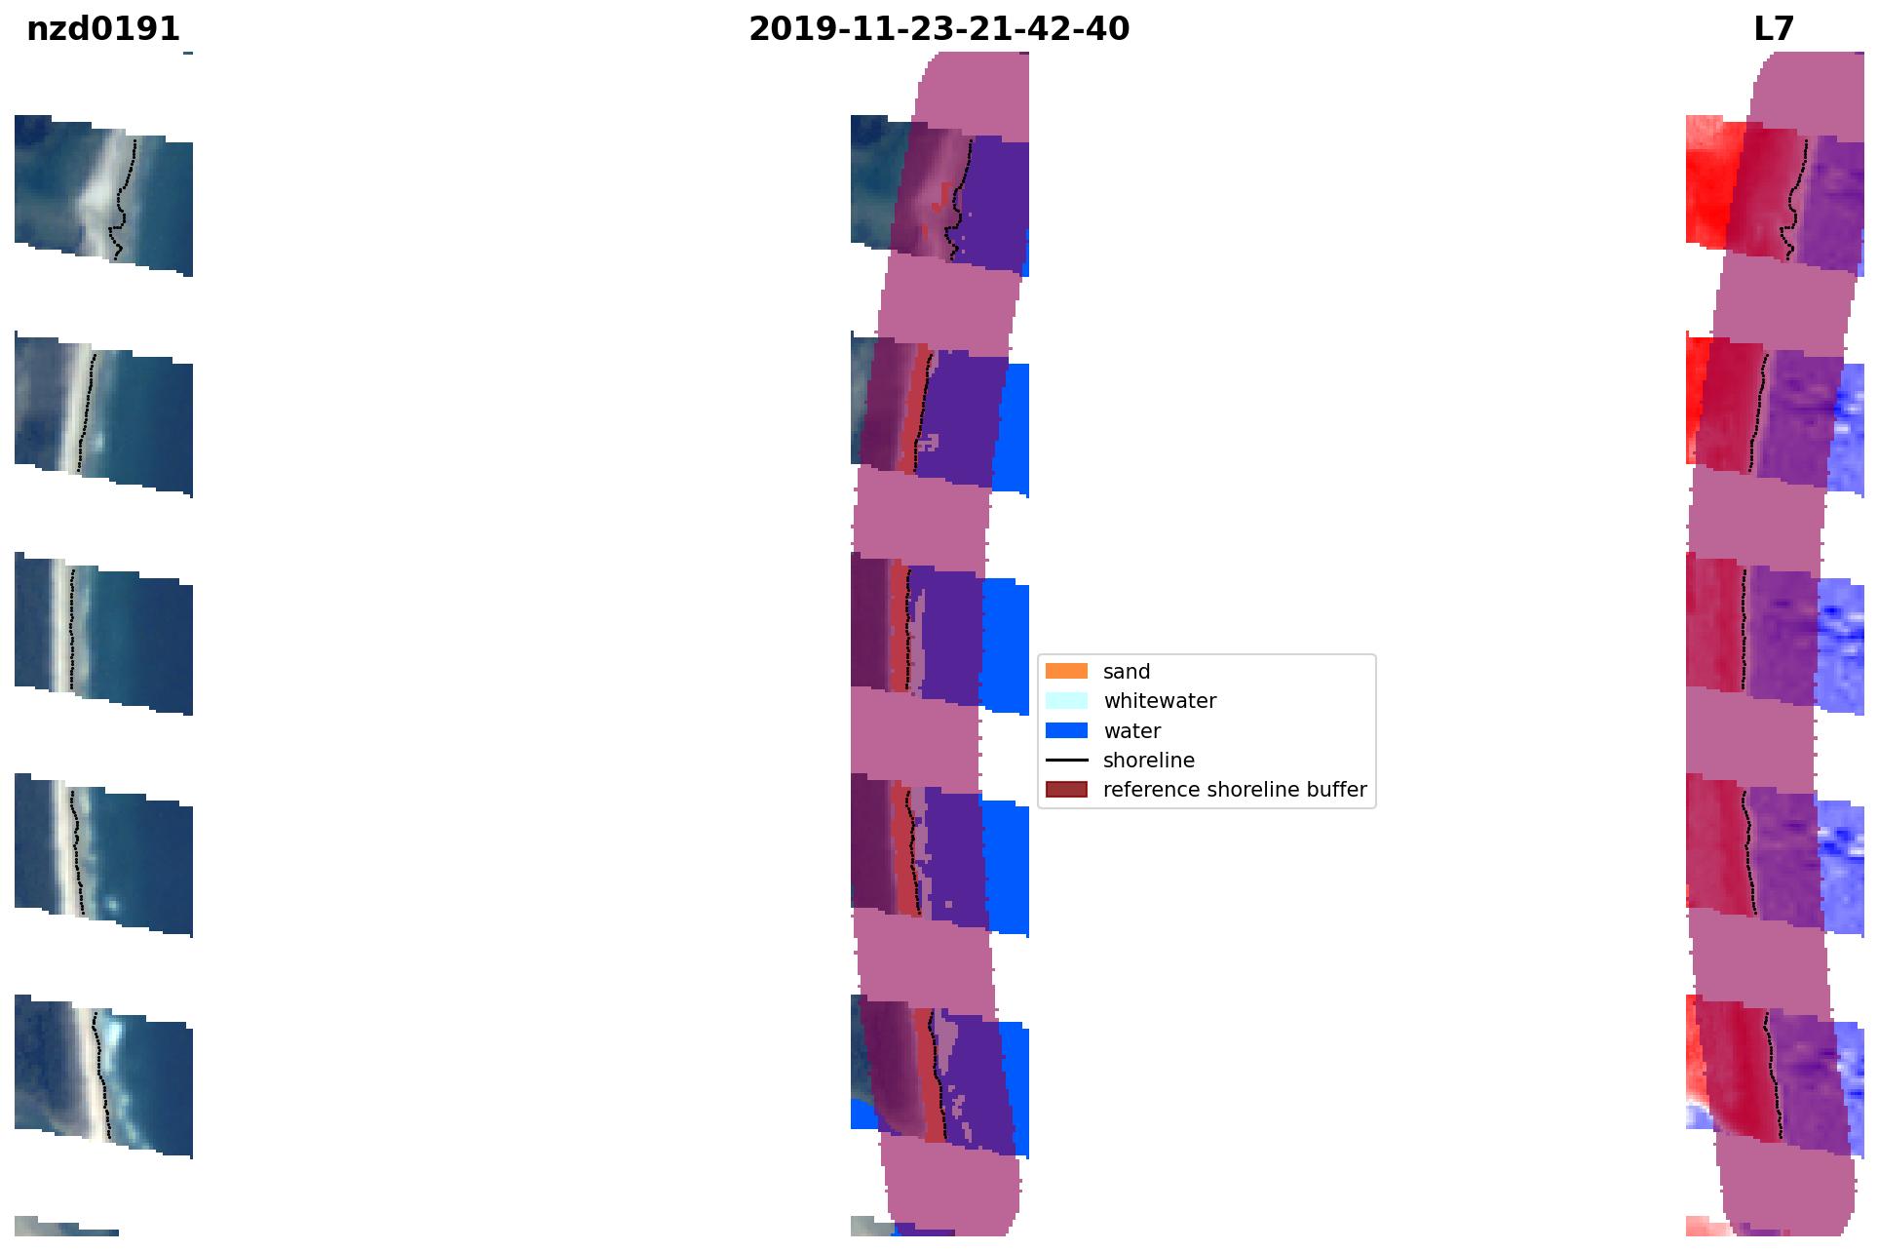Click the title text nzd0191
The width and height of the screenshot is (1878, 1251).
pyautogui.click(x=103, y=29)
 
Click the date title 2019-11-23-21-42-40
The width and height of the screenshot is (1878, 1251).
pyautogui.click(x=939, y=29)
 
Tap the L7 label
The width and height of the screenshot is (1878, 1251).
pyautogui.click(x=1774, y=29)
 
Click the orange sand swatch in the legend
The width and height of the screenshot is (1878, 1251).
pyautogui.click(x=1066, y=671)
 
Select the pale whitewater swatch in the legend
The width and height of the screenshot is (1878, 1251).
pyautogui.click(x=1066, y=700)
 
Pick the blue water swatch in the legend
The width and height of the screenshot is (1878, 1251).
pyautogui.click(x=1066, y=730)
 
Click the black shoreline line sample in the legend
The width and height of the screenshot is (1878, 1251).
pyautogui.click(x=1066, y=760)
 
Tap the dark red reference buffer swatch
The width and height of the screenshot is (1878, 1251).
pyautogui.click(x=1066, y=789)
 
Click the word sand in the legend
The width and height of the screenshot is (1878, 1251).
pyautogui.click(x=1127, y=672)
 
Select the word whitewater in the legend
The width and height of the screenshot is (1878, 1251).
pyautogui.click(x=1160, y=701)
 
